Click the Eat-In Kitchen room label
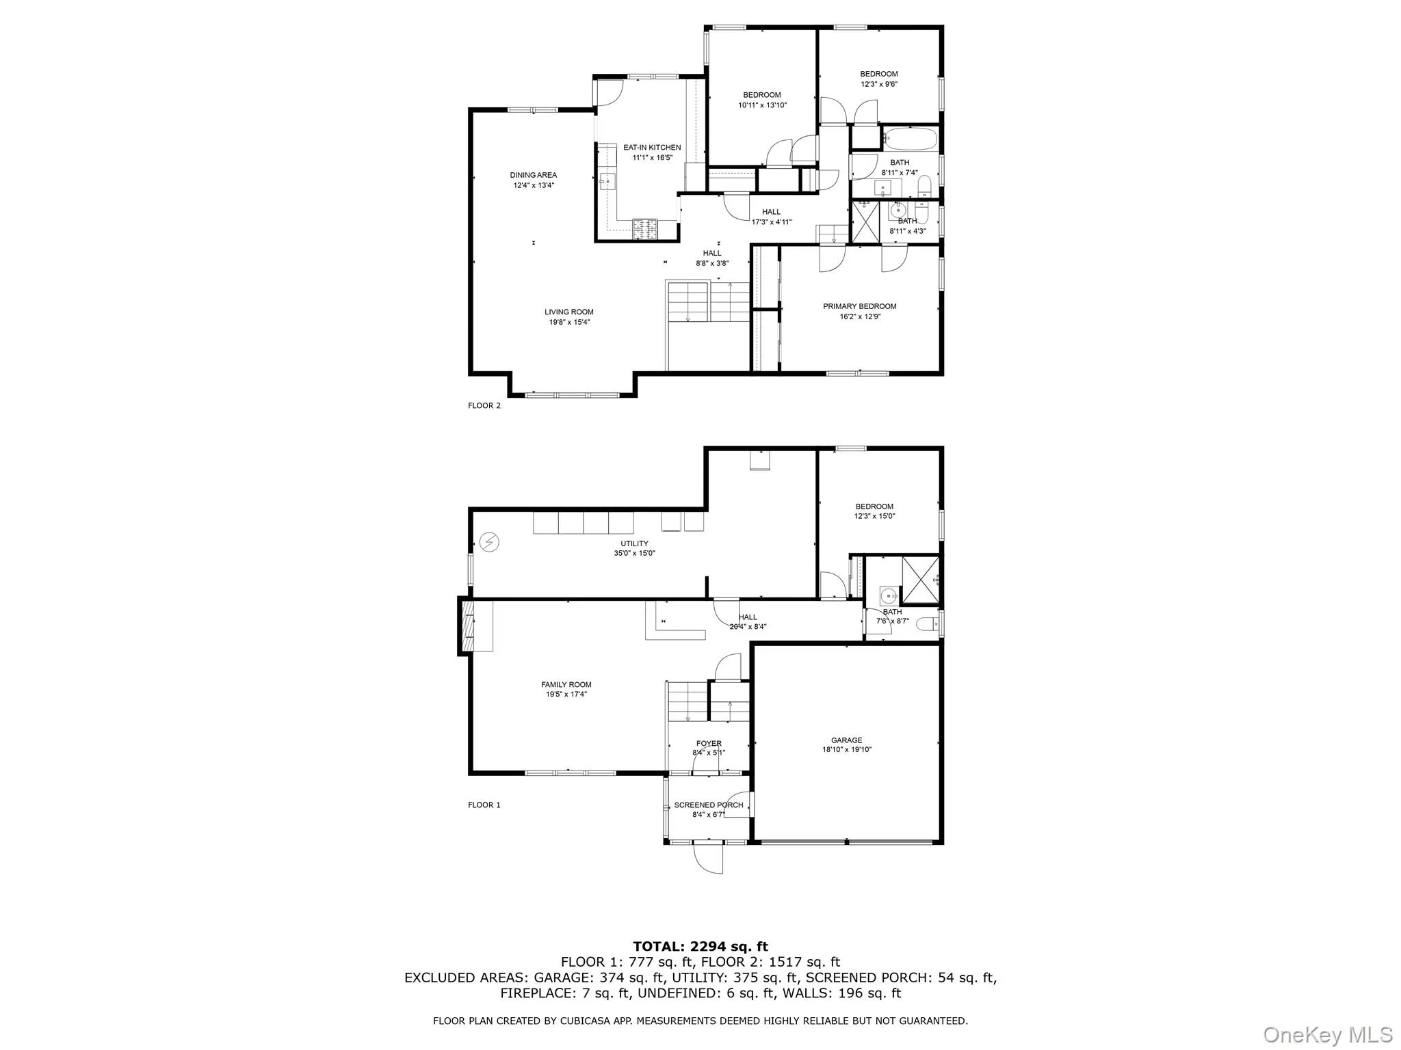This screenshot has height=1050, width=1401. coord(651,148)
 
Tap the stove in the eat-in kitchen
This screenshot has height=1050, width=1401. coord(645,228)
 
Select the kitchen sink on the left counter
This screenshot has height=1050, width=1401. coord(129,180)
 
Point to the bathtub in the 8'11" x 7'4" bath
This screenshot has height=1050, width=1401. coord(911,140)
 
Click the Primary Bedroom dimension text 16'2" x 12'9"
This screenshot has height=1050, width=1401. coord(859,317)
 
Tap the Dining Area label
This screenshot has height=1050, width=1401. coord(533,175)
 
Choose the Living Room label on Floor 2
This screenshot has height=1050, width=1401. coord(568,312)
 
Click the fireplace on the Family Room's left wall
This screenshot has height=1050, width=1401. coord(469,626)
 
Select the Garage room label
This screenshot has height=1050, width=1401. coord(846,740)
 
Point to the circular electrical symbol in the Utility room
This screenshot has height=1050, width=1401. coord(489,542)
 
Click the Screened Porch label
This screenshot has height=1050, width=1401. coord(708,805)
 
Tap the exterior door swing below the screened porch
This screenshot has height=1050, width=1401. coord(709,859)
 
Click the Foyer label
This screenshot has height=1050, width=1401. coord(709,743)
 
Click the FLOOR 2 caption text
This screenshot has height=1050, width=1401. coord(484,405)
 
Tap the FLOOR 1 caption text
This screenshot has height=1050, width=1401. coord(484,805)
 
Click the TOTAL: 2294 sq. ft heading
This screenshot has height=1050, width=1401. coord(700,946)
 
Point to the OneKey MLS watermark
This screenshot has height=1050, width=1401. coord(1327,1034)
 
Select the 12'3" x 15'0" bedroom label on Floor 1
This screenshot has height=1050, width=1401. coord(874,511)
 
